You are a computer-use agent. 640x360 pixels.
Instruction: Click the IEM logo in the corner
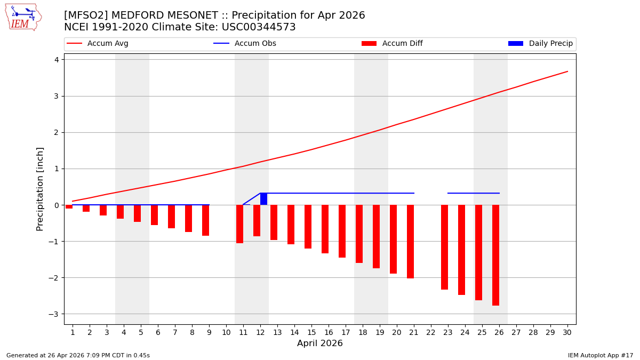point(23,17)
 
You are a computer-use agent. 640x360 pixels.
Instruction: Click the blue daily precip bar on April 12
point(263,199)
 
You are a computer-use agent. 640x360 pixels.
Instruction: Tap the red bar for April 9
point(205,220)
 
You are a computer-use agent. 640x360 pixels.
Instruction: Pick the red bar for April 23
point(444,247)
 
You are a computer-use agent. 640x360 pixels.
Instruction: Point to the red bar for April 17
point(342,231)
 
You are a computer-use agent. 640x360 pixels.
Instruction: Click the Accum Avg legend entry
point(98,44)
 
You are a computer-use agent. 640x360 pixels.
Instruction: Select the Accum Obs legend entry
point(245,44)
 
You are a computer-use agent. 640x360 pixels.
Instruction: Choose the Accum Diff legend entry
point(392,44)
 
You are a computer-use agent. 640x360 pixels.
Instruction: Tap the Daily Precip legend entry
point(540,44)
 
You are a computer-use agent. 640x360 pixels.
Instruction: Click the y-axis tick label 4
point(55,60)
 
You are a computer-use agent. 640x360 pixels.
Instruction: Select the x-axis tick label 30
point(567,332)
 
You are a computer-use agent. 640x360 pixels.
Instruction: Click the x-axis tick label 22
point(431,332)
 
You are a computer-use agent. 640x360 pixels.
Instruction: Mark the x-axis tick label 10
point(226,332)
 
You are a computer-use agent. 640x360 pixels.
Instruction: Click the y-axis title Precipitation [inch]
point(41,189)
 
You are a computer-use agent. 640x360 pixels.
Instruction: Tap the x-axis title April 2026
point(320,343)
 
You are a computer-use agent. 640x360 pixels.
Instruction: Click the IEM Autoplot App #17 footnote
point(600,355)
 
